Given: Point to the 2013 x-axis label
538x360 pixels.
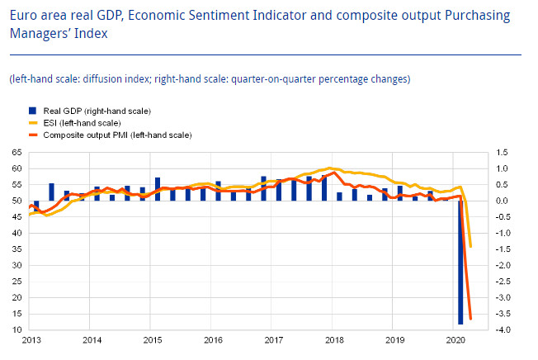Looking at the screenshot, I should click(x=31, y=340).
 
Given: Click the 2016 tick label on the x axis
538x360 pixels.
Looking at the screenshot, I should click(x=213, y=340).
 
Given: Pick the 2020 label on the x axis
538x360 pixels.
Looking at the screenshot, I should click(x=455, y=340).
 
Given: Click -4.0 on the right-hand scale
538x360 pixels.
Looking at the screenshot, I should click(x=503, y=330).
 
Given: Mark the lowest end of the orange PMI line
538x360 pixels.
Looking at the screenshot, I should click(x=470, y=319).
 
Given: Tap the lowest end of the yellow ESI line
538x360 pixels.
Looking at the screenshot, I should click(x=470, y=246).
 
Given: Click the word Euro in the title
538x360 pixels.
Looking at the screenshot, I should click(x=26, y=16).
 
